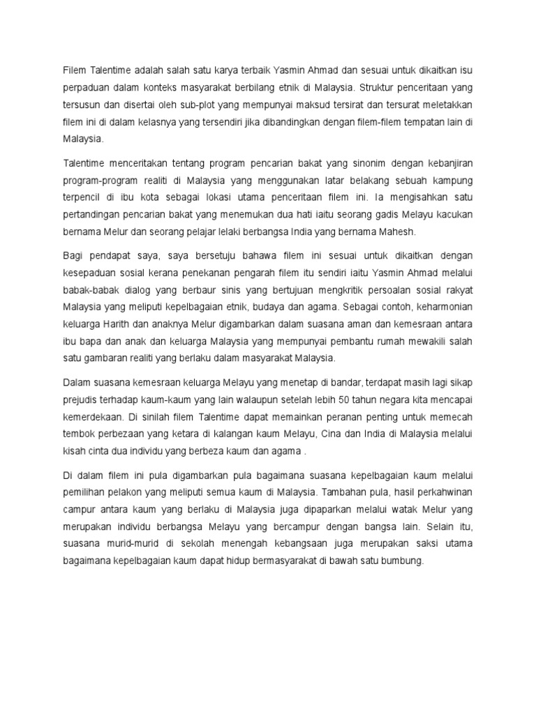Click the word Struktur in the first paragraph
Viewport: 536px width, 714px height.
pos(380,89)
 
